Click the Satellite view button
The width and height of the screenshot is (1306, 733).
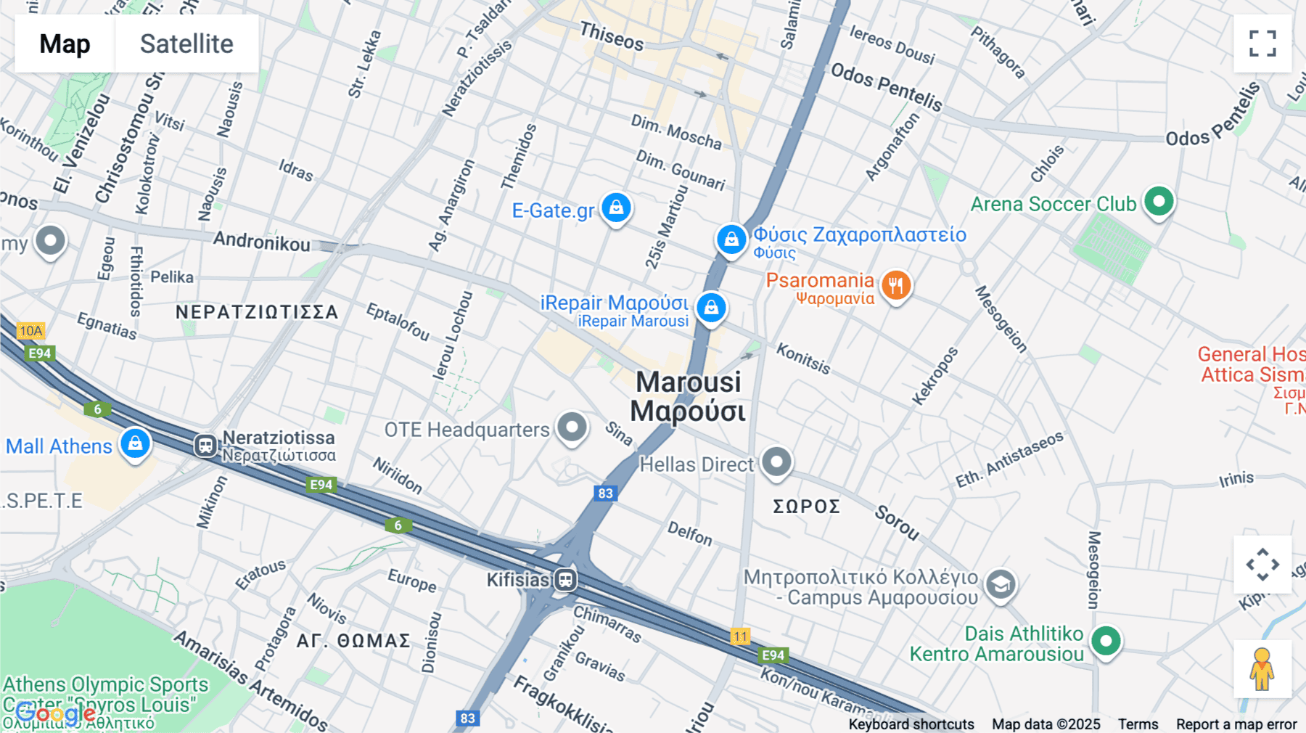[186, 44]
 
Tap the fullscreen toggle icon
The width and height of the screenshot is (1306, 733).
[1262, 44]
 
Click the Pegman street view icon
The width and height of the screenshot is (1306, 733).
[1262, 668]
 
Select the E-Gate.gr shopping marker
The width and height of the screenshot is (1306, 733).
[616, 208]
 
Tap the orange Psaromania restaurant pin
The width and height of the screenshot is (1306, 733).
[896, 284]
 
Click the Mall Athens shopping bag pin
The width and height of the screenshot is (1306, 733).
[135, 443]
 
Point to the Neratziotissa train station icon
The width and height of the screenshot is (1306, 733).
[206, 445]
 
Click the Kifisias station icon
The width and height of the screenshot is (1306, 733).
[566, 579]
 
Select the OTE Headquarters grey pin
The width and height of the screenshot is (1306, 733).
[572, 427]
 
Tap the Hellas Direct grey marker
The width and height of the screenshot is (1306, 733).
[776, 462]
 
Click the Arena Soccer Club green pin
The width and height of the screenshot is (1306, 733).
[1159, 201]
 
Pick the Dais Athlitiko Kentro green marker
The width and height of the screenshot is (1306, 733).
[1106, 641]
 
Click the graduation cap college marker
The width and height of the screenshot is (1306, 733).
[1001, 584]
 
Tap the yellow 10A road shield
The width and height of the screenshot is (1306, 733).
[30, 331]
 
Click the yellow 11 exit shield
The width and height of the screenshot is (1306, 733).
[740, 636]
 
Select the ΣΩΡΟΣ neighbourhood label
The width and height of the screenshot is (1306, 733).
[806, 506]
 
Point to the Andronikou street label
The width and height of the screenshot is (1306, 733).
[261, 242]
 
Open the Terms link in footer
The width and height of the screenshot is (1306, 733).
[1138, 724]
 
